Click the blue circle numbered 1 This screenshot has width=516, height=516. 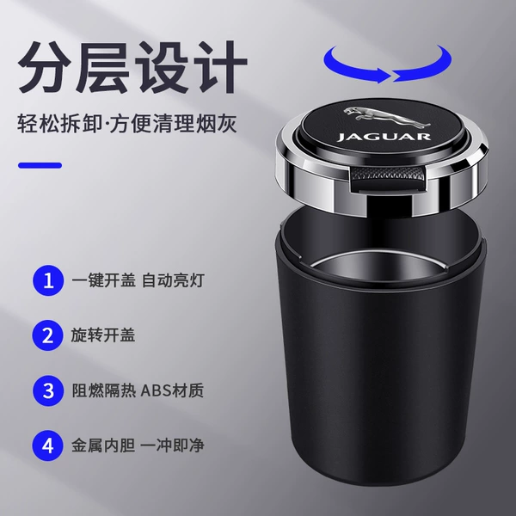point(48,280)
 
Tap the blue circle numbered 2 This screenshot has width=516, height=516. point(48,335)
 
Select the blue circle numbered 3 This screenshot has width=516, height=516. point(48,390)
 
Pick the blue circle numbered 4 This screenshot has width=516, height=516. point(48,445)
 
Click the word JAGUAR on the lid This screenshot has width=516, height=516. point(384,137)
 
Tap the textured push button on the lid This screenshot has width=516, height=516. point(387,175)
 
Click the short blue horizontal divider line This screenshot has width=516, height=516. point(40,165)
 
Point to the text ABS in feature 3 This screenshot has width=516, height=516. point(156,390)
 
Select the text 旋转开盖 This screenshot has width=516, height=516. point(103,335)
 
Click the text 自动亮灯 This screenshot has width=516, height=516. point(173,280)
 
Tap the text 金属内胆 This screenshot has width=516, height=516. point(103,445)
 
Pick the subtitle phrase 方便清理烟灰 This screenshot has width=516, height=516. point(173,124)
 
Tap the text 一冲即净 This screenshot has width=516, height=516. point(173,445)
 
